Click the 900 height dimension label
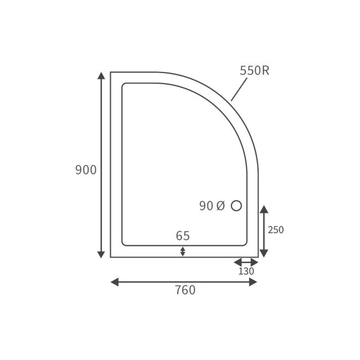[86, 170]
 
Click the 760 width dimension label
[185, 290]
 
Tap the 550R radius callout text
[254, 71]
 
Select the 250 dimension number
[275, 230]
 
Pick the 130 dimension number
[246, 271]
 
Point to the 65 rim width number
[183, 236]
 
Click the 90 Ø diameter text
[212, 206]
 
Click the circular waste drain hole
[236, 206]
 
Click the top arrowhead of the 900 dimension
[101, 76]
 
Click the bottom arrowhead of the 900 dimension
[101, 254]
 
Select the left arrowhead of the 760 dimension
[115, 282]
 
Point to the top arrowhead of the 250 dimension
[264, 209]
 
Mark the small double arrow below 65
[183, 251]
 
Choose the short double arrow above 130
[246, 262]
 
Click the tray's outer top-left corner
[111, 72]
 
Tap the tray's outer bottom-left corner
[111, 257]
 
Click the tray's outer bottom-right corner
[258, 257]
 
